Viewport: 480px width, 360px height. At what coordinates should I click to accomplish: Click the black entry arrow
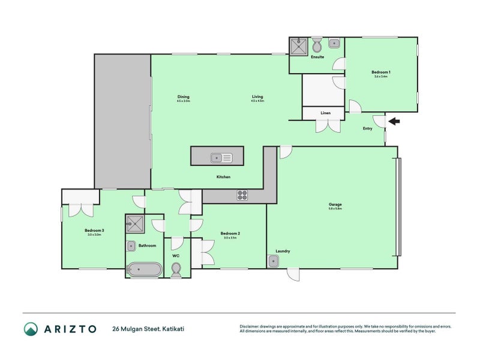[x=394, y=122]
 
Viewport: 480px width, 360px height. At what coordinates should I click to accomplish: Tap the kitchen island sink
[x=221, y=158]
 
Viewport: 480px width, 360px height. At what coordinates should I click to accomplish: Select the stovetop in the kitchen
[x=242, y=195]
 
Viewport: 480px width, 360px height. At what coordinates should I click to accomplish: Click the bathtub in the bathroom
[x=144, y=269]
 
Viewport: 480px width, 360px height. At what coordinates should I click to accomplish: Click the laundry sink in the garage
[x=274, y=261]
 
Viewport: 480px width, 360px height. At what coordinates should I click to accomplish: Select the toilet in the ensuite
[x=318, y=44]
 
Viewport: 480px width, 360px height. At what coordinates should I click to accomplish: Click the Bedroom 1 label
[x=380, y=73]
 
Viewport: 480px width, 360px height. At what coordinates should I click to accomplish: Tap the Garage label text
[x=335, y=205]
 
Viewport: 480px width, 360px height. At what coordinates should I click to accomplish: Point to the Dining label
[x=183, y=97]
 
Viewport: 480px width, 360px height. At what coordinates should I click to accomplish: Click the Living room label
[x=257, y=97]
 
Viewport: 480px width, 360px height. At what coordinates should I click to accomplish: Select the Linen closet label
[x=325, y=113]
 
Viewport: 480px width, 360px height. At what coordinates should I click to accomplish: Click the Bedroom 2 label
[x=230, y=233]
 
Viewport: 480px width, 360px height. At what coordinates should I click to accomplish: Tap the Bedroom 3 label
[x=94, y=230]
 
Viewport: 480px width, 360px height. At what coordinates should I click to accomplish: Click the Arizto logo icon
[x=31, y=328]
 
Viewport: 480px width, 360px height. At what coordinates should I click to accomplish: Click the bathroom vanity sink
[x=131, y=245]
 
